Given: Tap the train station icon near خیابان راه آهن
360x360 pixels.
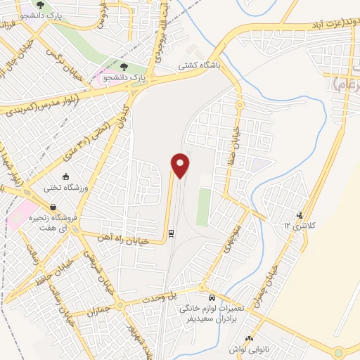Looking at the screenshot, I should click(172, 233).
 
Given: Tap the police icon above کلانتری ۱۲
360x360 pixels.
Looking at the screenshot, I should click(300, 215).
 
